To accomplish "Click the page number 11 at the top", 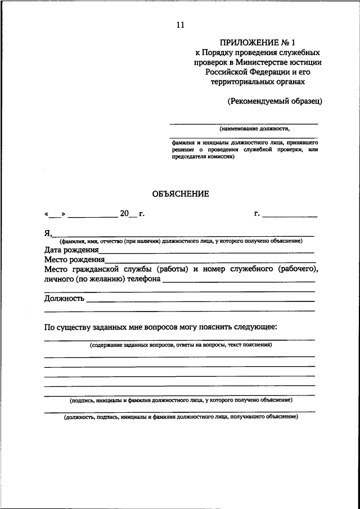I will click(x=179, y=24).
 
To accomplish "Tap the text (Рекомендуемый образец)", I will click(x=274, y=101).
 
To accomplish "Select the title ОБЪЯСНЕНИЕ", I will click(x=180, y=194).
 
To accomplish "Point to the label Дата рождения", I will click(x=71, y=250).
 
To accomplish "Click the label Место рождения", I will click(x=75, y=260).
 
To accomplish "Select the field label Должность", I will click(x=64, y=298).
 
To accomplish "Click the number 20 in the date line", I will click(x=124, y=213).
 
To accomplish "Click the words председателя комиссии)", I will click(x=202, y=157).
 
